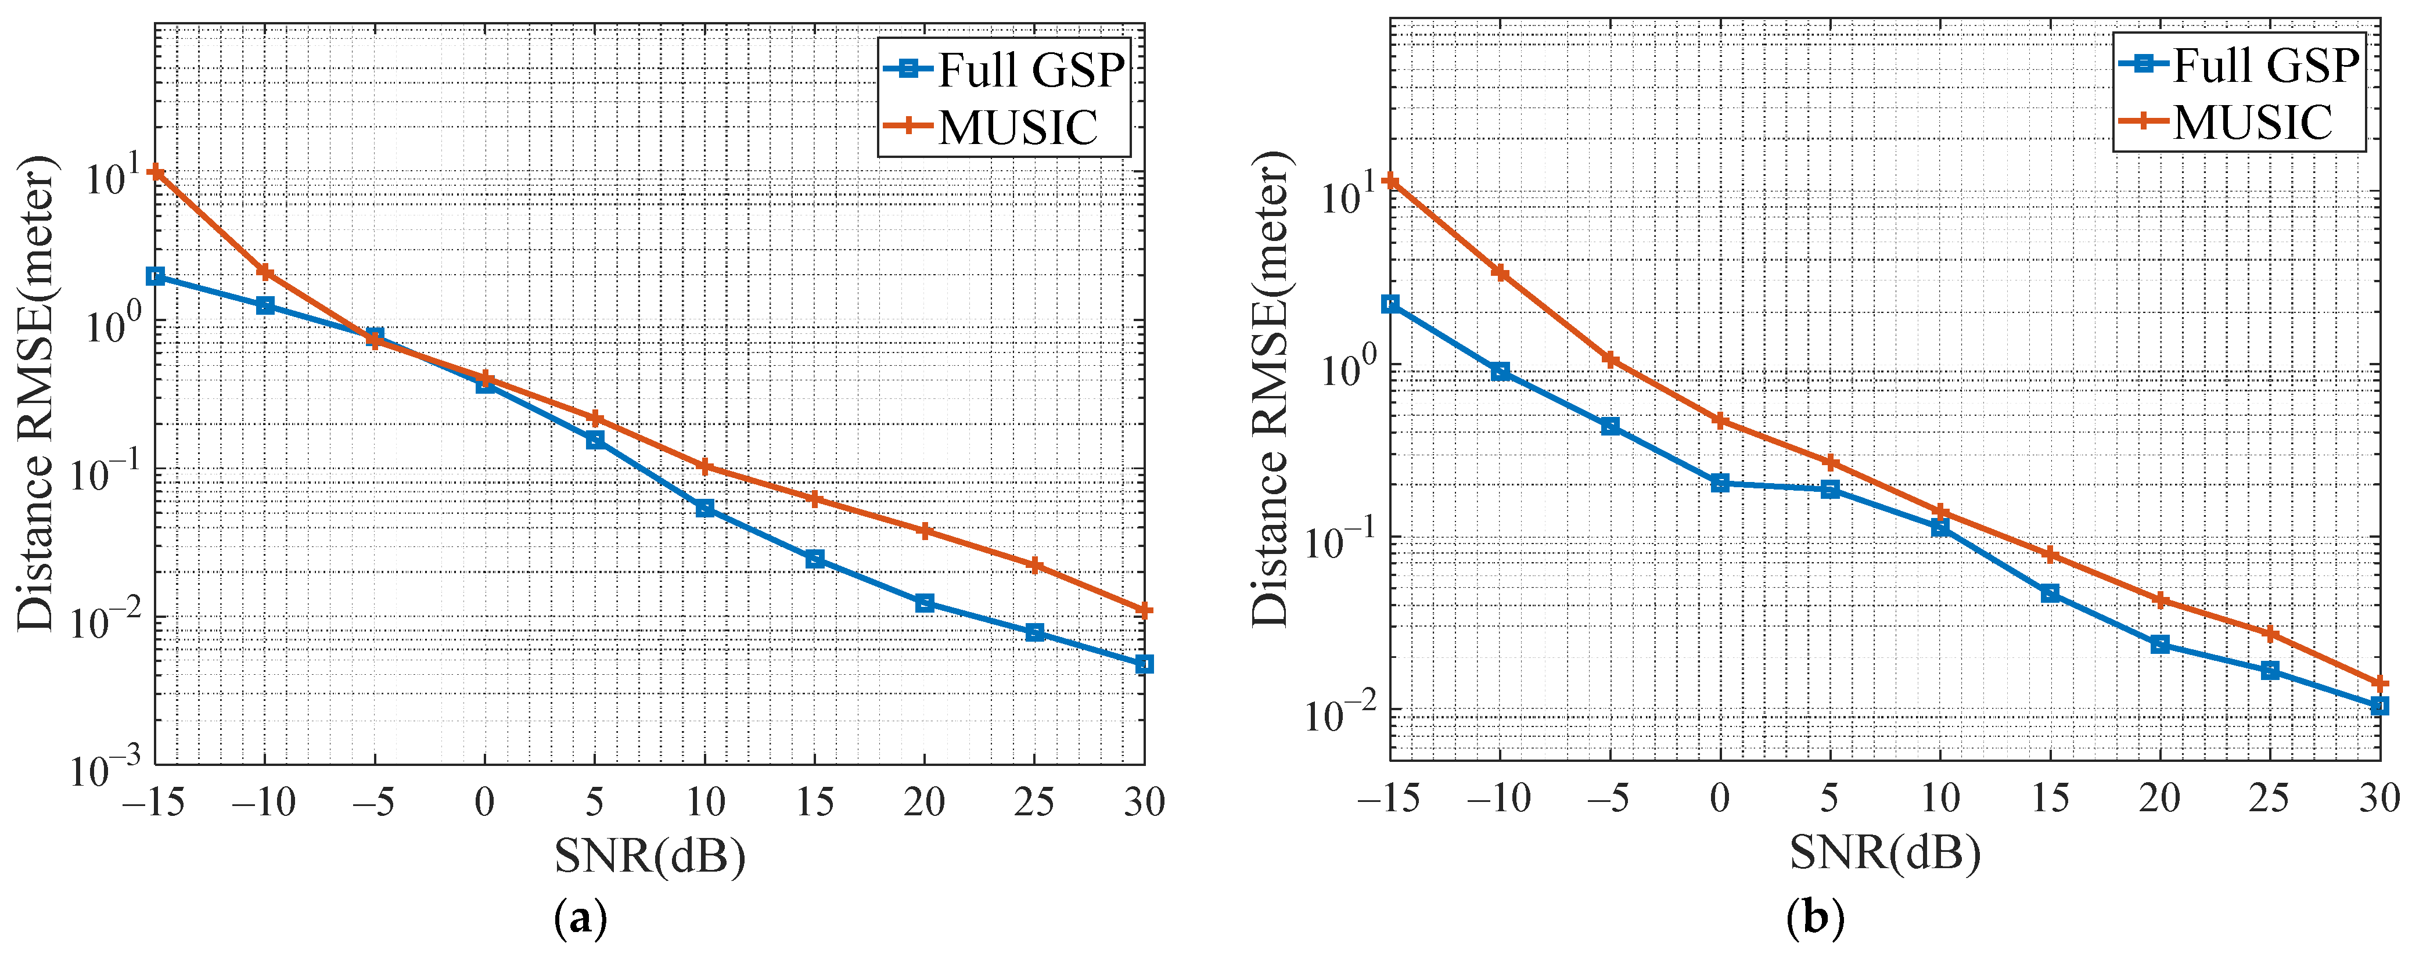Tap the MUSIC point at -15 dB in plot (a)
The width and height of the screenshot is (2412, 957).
(x=156, y=173)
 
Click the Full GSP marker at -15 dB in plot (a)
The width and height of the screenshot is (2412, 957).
(x=156, y=276)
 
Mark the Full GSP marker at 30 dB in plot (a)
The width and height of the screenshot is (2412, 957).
(x=1143, y=664)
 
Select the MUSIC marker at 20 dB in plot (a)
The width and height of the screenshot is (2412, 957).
(x=924, y=531)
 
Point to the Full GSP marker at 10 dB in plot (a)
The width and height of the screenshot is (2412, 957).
(x=705, y=509)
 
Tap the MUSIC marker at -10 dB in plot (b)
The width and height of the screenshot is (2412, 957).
(x=1500, y=272)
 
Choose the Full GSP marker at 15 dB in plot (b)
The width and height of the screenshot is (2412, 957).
(x=2050, y=593)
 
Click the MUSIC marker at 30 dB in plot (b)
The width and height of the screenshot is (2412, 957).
(x=2379, y=683)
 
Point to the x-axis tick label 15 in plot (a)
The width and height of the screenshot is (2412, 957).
(x=815, y=803)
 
